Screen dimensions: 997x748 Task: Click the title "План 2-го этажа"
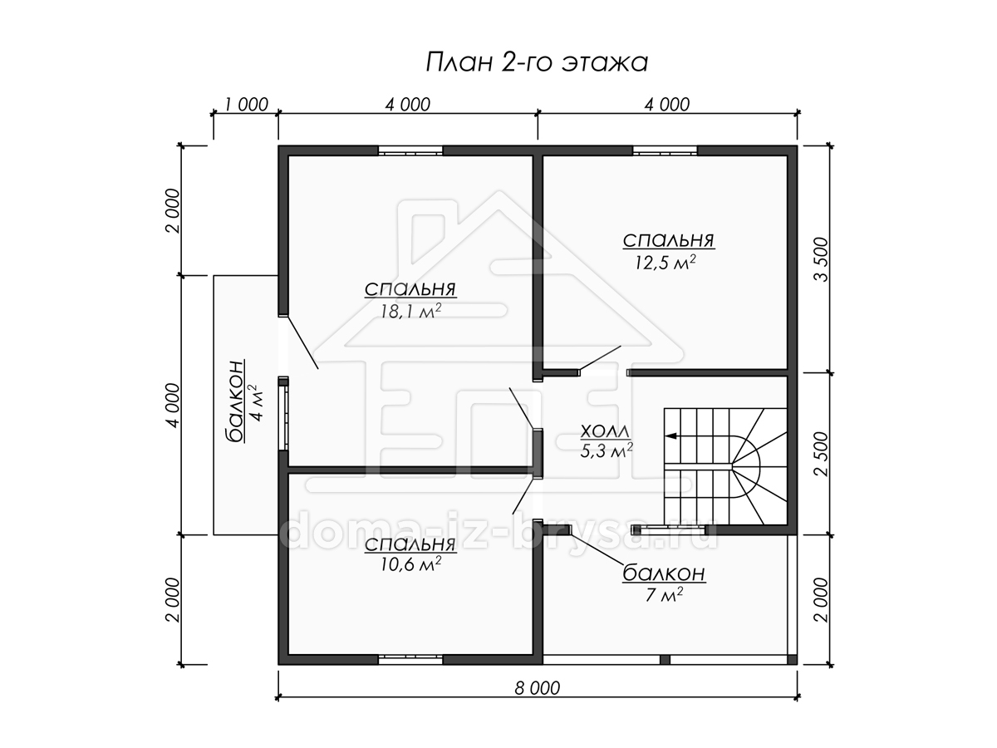537,62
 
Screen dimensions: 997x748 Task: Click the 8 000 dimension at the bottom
538,688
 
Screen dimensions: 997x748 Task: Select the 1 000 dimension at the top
246,105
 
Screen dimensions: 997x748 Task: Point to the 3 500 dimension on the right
822,259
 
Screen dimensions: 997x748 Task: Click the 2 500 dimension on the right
822,454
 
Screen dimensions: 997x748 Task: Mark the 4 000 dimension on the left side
174,405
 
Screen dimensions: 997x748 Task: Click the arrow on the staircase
671,436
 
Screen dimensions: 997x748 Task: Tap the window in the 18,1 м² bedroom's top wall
410,150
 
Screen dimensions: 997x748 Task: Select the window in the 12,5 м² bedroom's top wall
665,150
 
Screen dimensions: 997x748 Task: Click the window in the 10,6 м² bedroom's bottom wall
410,660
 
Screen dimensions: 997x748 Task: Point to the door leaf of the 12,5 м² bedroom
600,358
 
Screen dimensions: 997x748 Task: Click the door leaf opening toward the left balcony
301,342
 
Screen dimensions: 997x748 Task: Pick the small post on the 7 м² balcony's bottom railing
665,660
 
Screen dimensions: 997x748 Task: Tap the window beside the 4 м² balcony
283,413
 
